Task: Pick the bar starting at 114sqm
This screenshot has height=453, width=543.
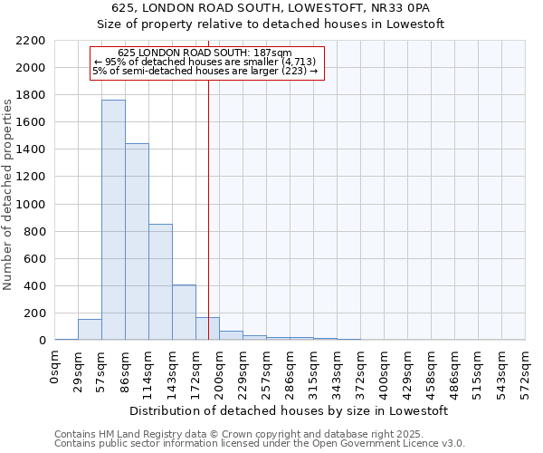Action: [160, 282]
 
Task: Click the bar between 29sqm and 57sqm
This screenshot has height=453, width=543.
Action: [90, 330]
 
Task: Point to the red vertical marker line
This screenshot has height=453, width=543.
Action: [208, 199]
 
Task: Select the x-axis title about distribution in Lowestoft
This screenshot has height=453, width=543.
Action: [290, 410]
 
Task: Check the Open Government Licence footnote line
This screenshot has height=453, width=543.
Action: [260, 444]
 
